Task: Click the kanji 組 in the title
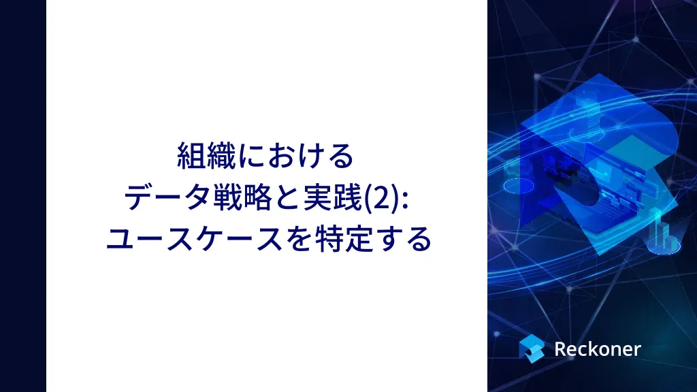191,156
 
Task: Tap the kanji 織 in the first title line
221,156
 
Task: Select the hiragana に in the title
251,157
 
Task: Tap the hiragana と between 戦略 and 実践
287,198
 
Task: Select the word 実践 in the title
332,197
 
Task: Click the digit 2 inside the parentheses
382,199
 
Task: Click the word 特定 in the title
343,239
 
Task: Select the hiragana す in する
387,240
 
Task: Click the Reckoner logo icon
532,348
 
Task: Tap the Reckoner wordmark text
598,349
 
